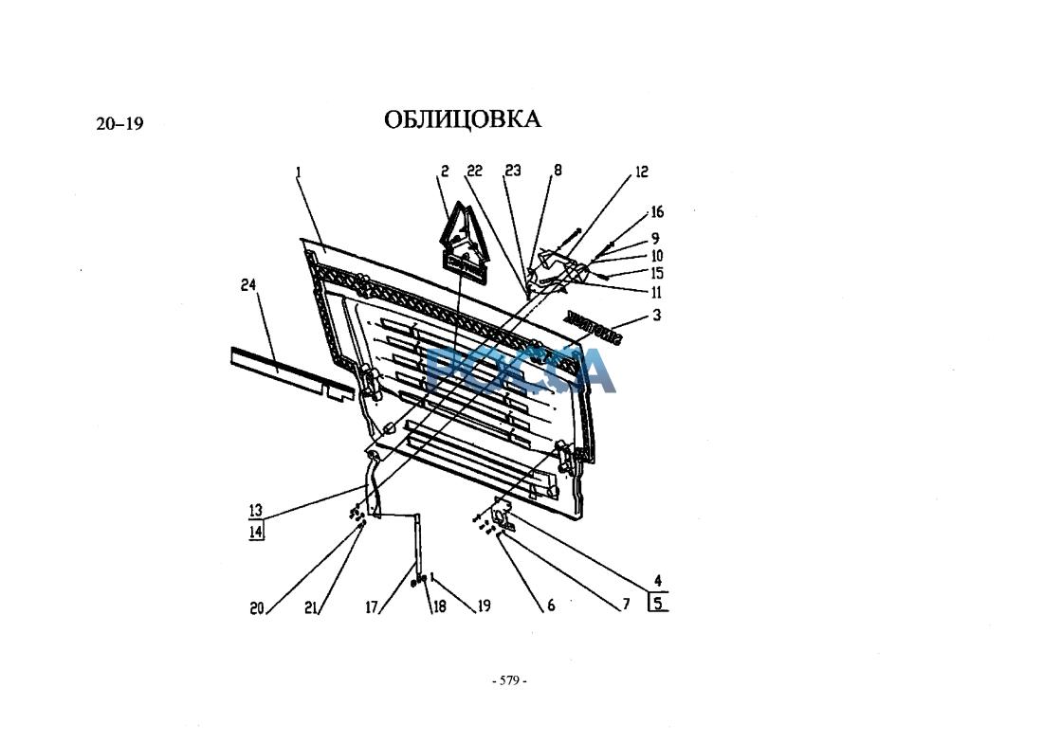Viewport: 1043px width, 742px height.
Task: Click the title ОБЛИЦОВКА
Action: (x=463, y=119)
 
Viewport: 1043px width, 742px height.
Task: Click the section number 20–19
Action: (x=119, y=123)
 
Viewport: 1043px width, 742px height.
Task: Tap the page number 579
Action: (x=509, y=680)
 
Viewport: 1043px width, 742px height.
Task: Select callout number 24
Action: (x=249, y=284)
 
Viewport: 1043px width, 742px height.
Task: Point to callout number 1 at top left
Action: (x=298, y=172)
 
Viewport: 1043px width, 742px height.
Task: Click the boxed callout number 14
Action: (x=255, y=532)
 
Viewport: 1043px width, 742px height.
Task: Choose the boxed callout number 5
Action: (x=658, y=603)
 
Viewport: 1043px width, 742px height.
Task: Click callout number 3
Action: (x=656, y=316)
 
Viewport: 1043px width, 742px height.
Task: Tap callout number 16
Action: (x=657, y=213)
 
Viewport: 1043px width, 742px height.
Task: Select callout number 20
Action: (x=257, y=609)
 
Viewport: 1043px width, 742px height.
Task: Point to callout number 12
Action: (x=642, y=172)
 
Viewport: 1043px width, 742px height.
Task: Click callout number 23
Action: (x=513, y=172)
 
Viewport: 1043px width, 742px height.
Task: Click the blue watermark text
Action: (x=520, y=370)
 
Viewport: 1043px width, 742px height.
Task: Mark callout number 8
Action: (x=558, y=172)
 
